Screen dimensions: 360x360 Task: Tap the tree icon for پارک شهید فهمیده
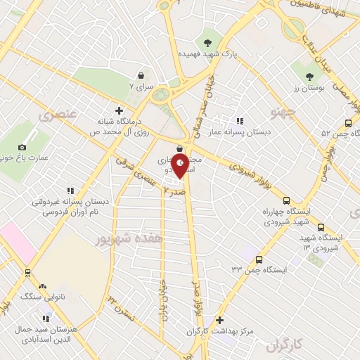tap(207, 39)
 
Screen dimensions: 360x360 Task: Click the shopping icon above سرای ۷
tap(141, 75)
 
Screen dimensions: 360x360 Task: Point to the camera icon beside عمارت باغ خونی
tap(22, 147)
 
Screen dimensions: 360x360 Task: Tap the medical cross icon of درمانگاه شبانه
tap(119, 110)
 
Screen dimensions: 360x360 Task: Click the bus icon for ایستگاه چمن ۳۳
tap(259, 259)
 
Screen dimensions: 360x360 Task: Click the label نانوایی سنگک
tap(60, 297)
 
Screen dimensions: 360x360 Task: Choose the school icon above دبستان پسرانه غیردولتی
tap(70, 191)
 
